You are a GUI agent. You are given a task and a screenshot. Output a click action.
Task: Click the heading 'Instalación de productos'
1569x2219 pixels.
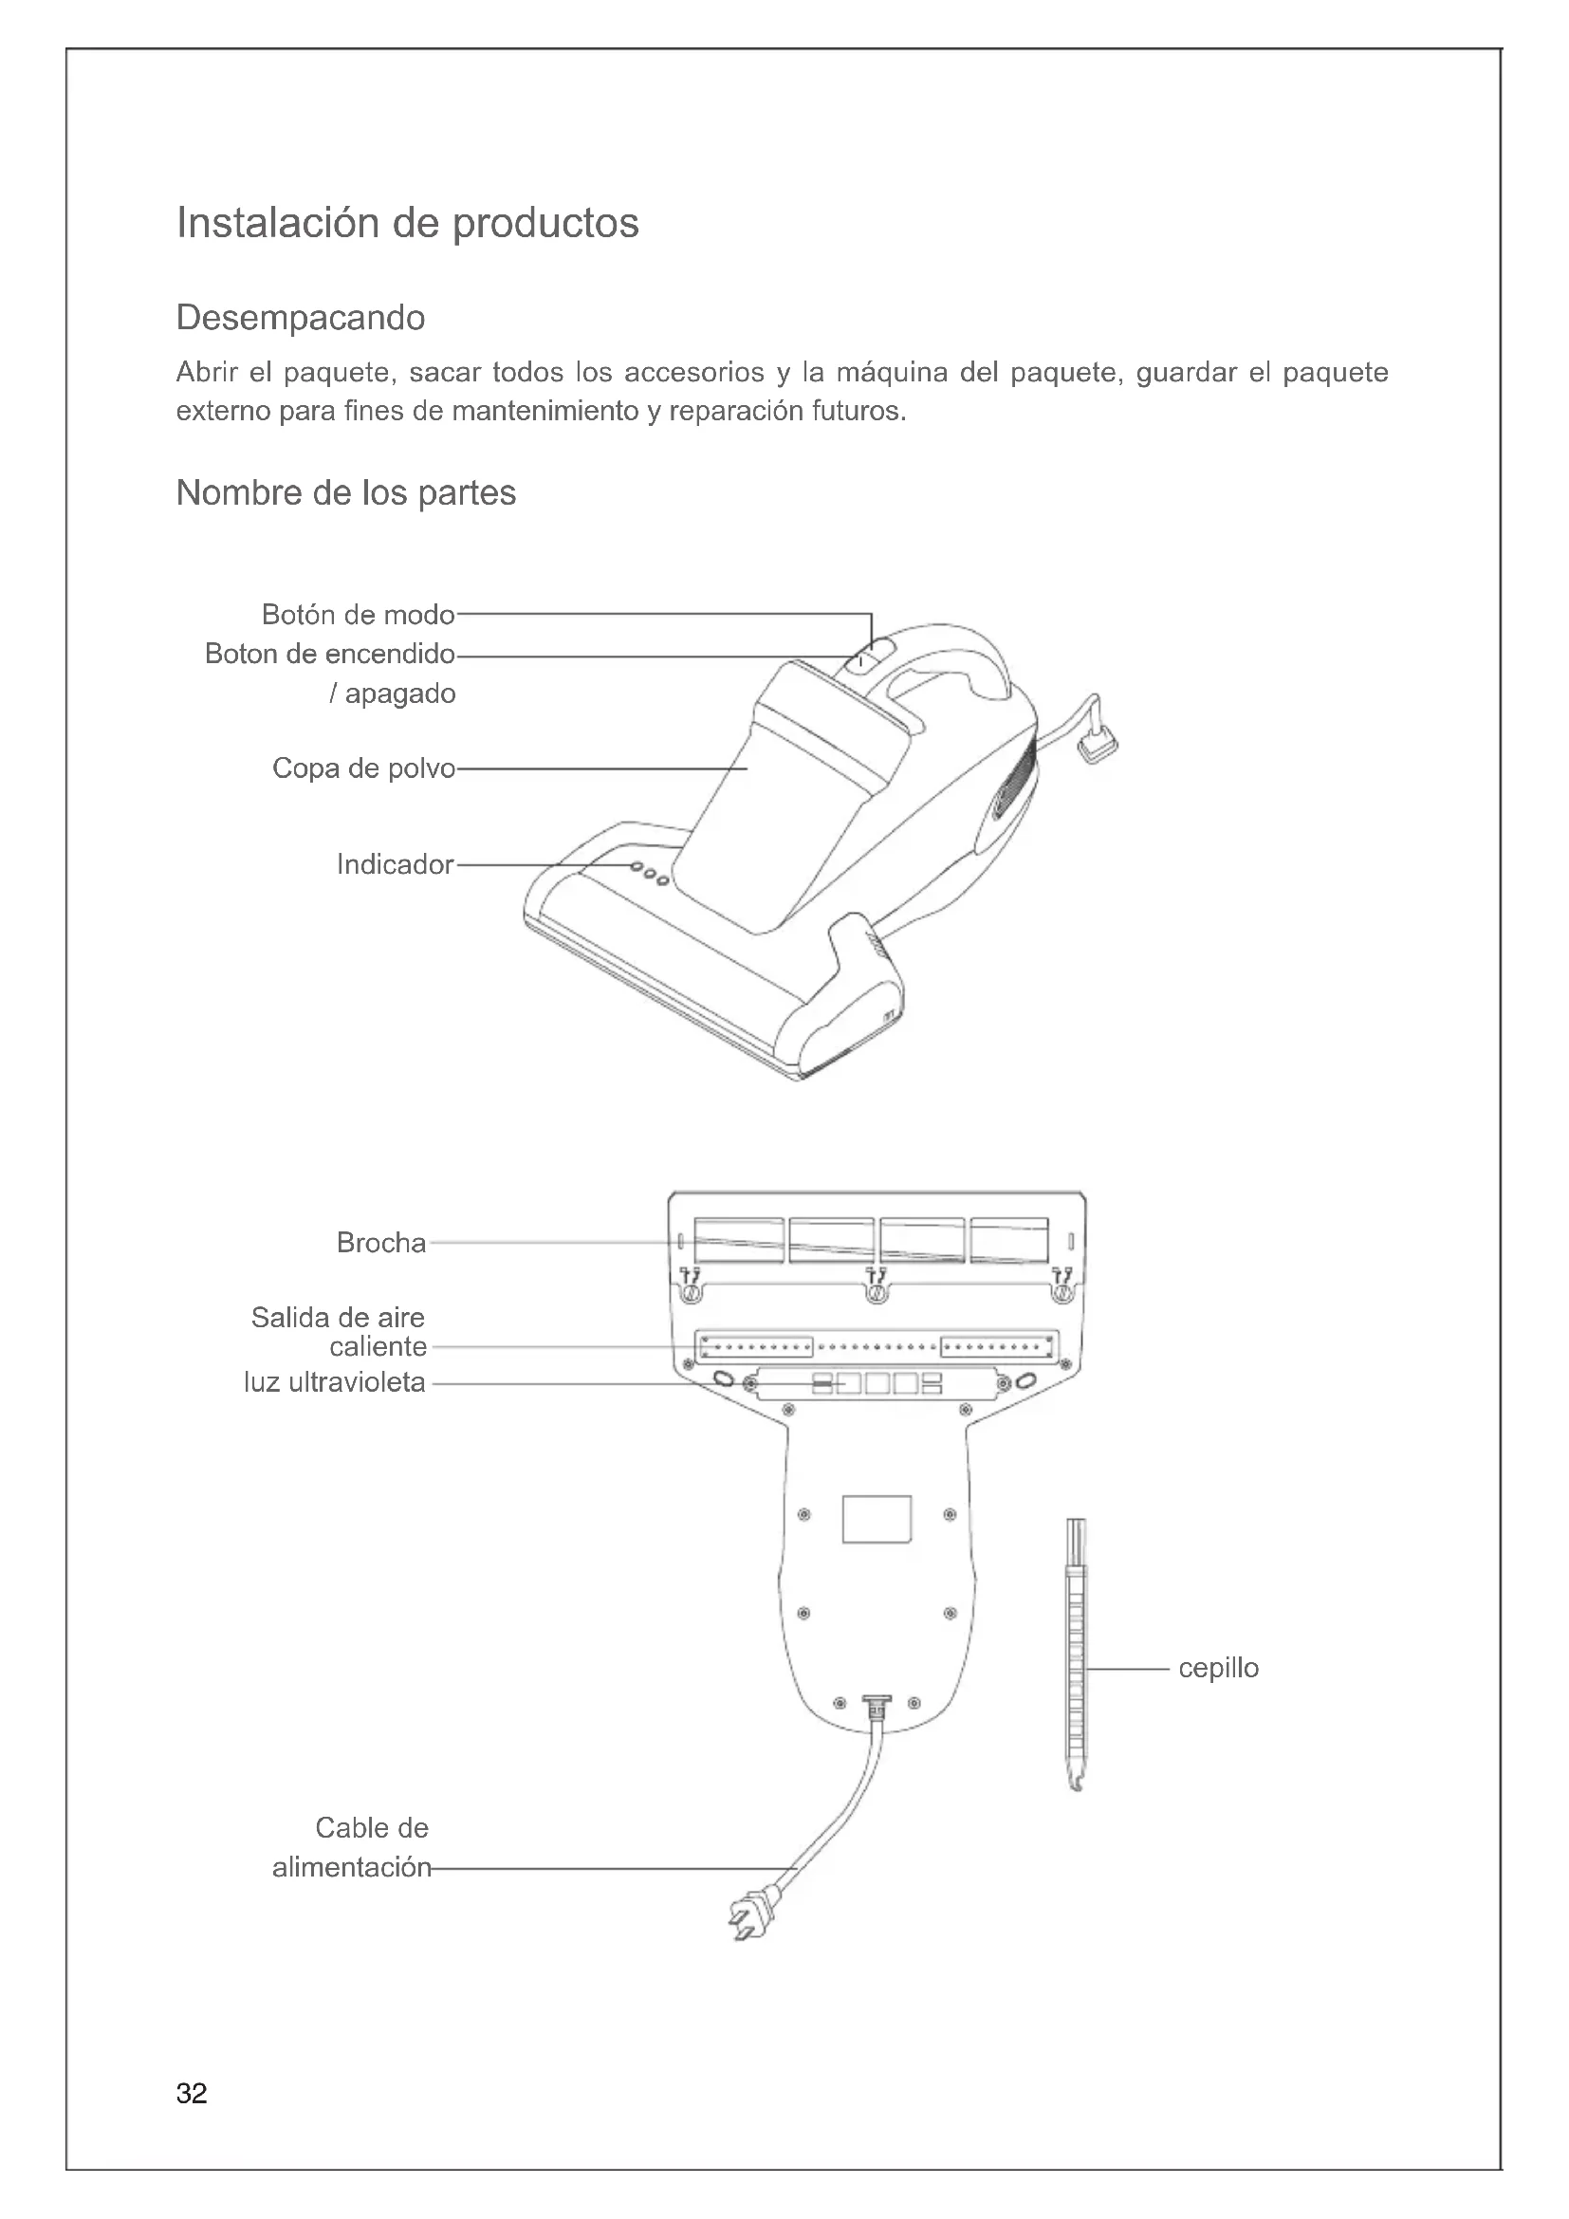(407, 223)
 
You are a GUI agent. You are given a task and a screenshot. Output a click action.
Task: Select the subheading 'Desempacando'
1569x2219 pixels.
(301, 318)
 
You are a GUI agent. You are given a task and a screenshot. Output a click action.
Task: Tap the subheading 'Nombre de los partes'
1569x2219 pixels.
(346, 493)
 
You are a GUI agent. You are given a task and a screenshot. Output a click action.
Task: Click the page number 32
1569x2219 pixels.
(192, 2094)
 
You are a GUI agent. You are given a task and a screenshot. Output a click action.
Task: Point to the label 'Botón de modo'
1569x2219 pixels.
(358, 615)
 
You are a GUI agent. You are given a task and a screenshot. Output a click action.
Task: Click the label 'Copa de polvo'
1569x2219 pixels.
(363, 768)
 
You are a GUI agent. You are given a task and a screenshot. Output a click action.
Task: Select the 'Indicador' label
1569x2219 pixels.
(395, 864)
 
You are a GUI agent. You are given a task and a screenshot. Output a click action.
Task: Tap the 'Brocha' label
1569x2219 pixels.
(380, 1243)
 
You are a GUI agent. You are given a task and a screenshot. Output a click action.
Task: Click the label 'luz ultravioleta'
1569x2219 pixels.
(334, 1382)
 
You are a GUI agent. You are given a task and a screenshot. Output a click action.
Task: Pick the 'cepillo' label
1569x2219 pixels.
(1218, 1668)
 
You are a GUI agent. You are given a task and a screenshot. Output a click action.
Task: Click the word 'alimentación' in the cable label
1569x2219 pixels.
(351, 1867)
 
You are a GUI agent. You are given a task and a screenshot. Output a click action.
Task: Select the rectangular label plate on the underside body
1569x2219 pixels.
(877, 1518)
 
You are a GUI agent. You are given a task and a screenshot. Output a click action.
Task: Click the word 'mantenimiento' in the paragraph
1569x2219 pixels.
(545, 412)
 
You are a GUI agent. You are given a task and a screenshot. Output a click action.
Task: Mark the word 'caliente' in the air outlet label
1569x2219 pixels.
(378, 1347)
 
